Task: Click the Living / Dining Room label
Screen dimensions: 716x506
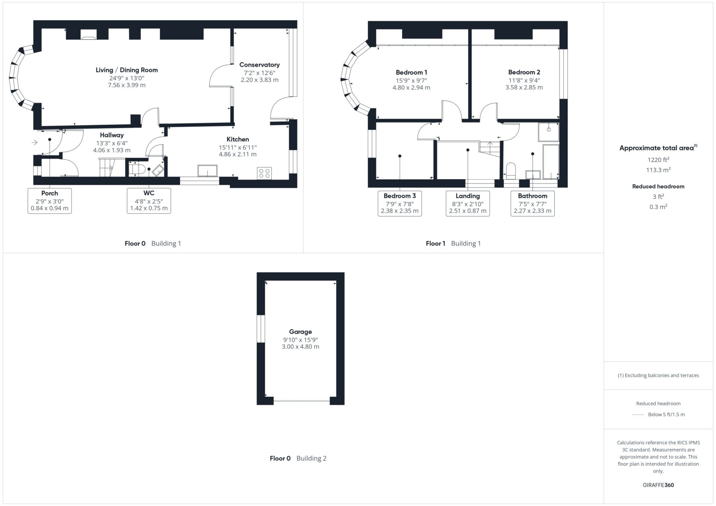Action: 127,70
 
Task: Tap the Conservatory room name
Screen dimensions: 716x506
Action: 259,65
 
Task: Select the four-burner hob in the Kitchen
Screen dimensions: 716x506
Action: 265,173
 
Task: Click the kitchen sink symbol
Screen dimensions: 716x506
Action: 207,171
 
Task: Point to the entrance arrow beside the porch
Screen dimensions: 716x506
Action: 35,142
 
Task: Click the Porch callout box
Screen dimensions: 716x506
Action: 49,201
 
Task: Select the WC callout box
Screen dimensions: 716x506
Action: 149,201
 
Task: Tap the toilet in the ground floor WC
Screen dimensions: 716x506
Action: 137,169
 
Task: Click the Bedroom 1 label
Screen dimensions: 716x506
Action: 411,72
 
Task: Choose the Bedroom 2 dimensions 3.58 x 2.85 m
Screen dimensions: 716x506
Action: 524,87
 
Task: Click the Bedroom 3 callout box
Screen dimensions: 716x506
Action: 400,203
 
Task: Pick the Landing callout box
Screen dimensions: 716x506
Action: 468,203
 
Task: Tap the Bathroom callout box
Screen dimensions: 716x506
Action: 532,203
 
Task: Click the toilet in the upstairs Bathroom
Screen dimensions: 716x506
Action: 511,171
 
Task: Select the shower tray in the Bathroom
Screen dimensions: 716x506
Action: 548,132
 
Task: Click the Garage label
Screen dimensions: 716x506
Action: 300,332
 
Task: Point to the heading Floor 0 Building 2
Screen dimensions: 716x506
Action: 298,458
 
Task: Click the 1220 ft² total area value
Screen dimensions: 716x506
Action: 658,159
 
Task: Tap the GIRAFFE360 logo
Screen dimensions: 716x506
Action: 658,485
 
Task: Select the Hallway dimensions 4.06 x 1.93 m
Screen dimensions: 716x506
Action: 112,150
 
